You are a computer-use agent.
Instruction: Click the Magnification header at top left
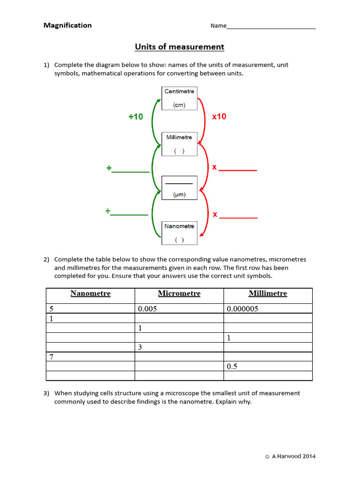pyautogui.click(x=67, y=25)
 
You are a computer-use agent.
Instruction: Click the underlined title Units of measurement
pyautogui.click(x=180, y=47)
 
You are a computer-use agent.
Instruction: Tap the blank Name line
pyautogui.click(x=271, y=27)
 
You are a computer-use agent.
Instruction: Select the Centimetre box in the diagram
pyautogui.click(x=179, y=98)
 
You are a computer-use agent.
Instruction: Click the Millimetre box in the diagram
pyautogui.click(x=179, y=144)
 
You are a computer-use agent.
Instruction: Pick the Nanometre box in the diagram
pyautogui.click(x=179, y=232)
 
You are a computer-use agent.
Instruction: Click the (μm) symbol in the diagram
pyautogui.click(x=179, y=195)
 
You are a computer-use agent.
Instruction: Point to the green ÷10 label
pyautogui.click(x=136, y=117)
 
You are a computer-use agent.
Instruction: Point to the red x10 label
pyautogui.click(x=219, y=117)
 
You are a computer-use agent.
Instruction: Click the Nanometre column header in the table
pyautogui.click(x=90, y=294)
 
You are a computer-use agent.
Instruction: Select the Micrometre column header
pyautogui.click(x=179, y=294)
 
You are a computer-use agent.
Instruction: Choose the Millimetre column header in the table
pyautogui.click(x=268, y=294)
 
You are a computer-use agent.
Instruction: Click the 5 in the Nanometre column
pyautogui.click(x=52, y=309)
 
